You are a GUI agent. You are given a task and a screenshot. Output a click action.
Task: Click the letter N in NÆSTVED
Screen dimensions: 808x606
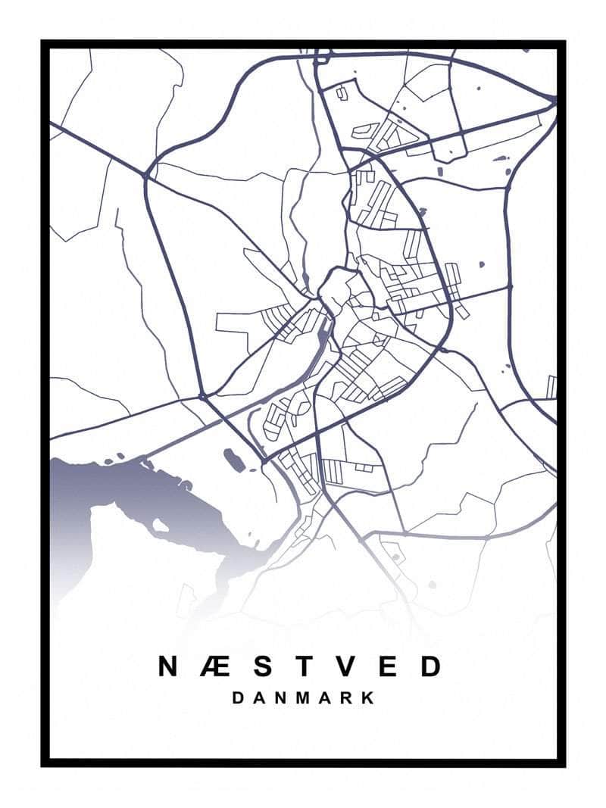point(169,666)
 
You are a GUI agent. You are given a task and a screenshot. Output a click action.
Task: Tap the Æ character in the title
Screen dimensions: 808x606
point(214,666)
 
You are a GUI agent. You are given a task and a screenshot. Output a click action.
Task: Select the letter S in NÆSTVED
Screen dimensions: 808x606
point(261,666)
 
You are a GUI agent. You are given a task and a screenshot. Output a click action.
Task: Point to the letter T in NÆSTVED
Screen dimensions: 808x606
point(303,666)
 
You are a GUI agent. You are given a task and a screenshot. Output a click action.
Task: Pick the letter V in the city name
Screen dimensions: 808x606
point(345,666)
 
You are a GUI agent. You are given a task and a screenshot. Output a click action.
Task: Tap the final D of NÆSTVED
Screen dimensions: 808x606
point(430,666)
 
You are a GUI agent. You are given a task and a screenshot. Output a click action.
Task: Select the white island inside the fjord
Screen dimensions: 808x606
point(161,525)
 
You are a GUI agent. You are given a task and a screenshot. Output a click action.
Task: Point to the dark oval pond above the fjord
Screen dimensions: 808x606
point(233,459)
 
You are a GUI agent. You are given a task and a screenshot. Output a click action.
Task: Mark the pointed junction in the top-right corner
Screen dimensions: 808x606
point(554,100)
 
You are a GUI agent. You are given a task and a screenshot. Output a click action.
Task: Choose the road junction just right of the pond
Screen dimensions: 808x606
point(263,460)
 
